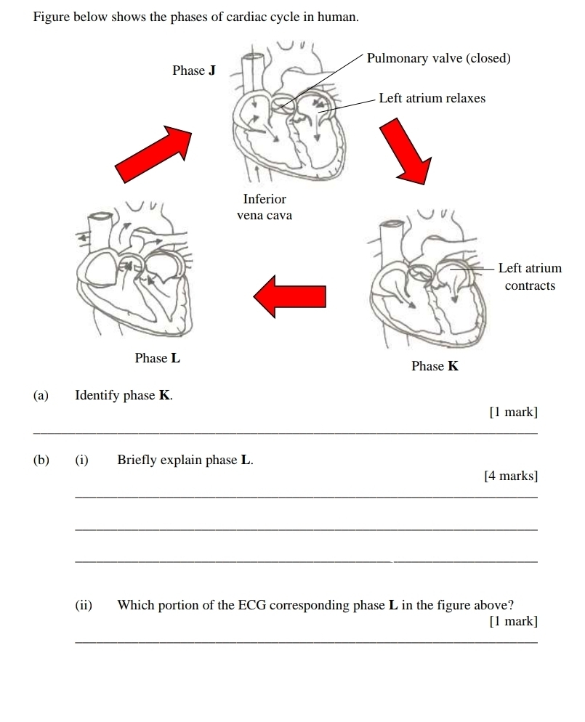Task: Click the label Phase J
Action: pyautogui.click(x=194, y=70)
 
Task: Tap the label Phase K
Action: pyautogui.click(x=435, y=366)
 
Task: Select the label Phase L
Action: pyautogui.click(x=158, y=358)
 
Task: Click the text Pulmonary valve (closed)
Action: pyautogui.click(x=439, y=58)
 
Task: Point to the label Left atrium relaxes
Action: pyautogui.click(x=432, y=98)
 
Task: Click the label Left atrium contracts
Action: pyautogui.click(x=530, y=277)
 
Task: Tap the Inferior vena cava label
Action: pyautogui.click(x=265, y=207)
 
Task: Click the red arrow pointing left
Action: pyautogui.click(x=289, y=296)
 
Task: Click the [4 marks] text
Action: pyautogui.click(x=511, y=476)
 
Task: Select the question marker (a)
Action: pyautogui.click(x=41, y=396)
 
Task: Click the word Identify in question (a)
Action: pyautogui.click(x=97, y=396)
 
